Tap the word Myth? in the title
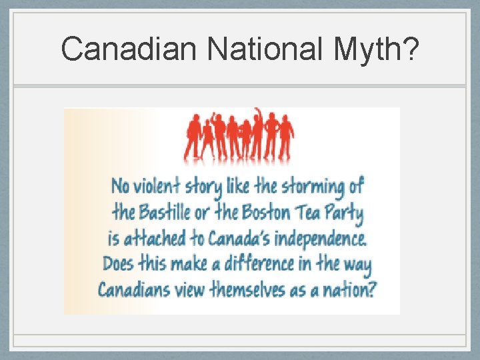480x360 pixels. [379, 49]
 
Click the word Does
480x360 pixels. [117, 263]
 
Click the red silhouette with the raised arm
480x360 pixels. [257, 130]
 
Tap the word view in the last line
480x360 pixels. [188, 290]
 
